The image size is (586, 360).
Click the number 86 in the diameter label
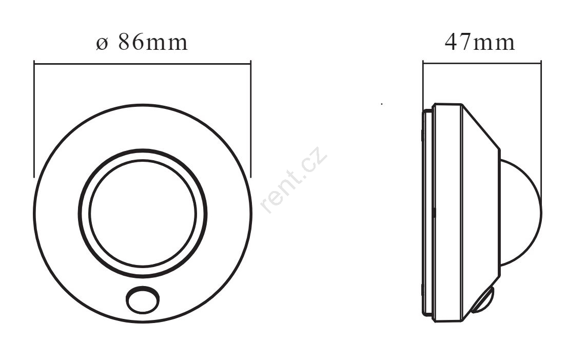click(131, 42)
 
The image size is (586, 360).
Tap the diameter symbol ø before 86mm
click(102, 44)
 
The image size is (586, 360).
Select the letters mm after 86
click(166, 44)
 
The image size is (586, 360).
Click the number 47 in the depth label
click(458, 42)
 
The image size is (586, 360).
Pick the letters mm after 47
click(494, 44)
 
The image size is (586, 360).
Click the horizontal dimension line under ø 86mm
click(142, 64)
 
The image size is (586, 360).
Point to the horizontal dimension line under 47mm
click(482, 63)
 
